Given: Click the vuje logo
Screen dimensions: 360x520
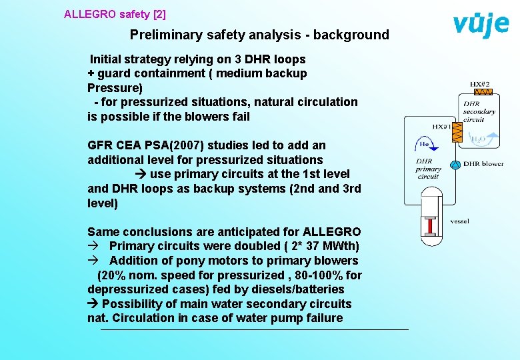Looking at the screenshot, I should (x=481, y=25).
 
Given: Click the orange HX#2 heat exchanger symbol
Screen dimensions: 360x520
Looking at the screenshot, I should (x=482, y=92).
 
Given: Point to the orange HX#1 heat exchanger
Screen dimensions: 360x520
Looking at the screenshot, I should (x=457, y=134).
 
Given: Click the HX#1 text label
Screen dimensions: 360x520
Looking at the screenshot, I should (x=442, y=126).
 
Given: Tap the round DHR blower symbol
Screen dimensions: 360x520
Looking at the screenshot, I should (x=455, y=165).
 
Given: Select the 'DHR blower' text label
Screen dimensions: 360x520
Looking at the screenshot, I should (x=483, y=164).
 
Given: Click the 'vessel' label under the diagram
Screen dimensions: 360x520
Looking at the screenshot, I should (x=460, y=221).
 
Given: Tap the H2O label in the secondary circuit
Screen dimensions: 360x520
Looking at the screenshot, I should (x=478, y=141).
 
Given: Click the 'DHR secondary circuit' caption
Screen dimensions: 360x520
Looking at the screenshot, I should (x=479, y=111).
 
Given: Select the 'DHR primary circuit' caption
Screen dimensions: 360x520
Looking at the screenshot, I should (x=428, y=169).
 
